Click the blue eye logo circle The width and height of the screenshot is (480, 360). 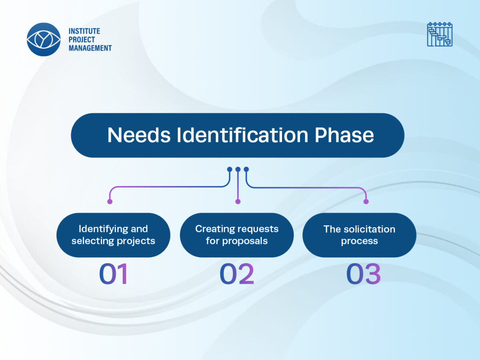point(44,39)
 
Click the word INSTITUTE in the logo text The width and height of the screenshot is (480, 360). point(84,31)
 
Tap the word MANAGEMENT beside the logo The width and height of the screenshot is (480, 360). point(90,48)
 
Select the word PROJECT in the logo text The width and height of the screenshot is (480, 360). point(82,40)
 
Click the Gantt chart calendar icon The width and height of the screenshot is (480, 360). point(440,34)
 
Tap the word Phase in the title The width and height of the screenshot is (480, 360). point(344,135)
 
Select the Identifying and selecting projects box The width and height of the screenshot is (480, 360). point(113,235)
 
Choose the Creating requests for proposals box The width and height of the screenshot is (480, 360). point(237,235)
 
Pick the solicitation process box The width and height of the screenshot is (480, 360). point(359,235)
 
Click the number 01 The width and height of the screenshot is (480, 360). point(113,275)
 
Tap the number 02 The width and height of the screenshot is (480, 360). point(237,275)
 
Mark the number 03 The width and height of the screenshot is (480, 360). point(363,275)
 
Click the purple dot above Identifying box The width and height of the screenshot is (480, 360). point(110,202)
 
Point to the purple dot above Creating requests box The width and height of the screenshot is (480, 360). point(238,202)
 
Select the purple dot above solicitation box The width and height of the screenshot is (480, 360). point(366,202)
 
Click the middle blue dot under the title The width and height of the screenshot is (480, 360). point(238,169)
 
